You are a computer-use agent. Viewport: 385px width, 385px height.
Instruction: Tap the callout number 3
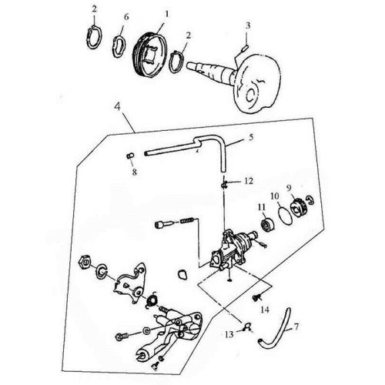(247, 25)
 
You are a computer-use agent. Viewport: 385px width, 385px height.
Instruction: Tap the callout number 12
(248, 181)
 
